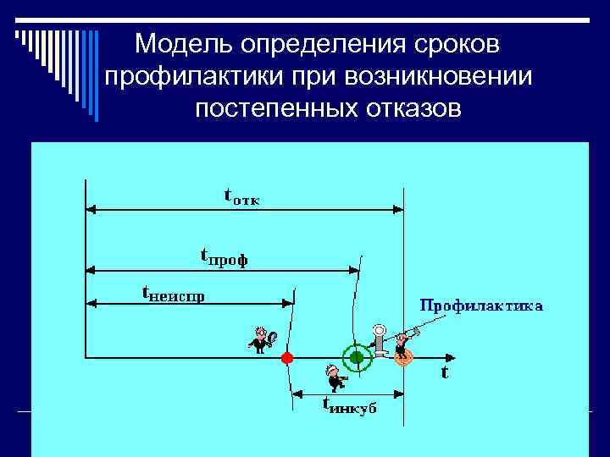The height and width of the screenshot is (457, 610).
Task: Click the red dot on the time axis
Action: pyautogui.click(x=287, y=358)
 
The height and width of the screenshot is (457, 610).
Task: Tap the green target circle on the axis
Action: pyautogui.click(x=356, y=358)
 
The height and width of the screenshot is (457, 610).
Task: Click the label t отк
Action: pyautogui.click(x=242, y=197)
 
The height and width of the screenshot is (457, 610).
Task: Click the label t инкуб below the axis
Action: pyautogui.click(x=350, y=405)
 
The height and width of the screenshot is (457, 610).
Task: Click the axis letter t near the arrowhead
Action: pyautogui.click(x=444, y=372)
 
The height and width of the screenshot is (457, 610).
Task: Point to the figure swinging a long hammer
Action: pyautogui.click(x=403, y=340)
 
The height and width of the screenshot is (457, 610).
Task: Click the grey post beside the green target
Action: pyautogui.click(x=380, y=340)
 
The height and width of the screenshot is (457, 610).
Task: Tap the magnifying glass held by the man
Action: pyautogui.click(x=270, y=338)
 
